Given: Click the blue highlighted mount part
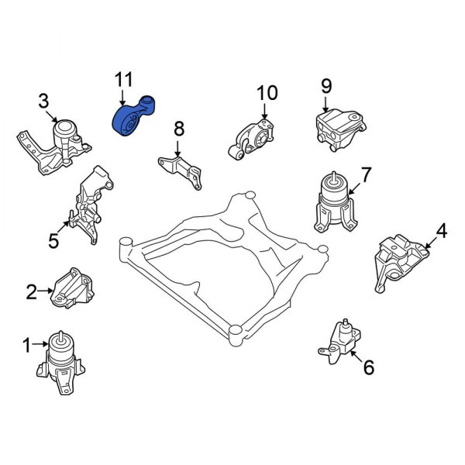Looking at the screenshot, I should [129, 121].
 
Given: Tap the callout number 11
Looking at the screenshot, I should [123, 80].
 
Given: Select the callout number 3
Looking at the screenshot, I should [44, 100].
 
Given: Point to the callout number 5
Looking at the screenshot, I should [53, 242].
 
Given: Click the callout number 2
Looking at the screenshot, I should [31, 292].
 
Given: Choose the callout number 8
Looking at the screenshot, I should [178, 128].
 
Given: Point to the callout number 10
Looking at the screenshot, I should [266, 94].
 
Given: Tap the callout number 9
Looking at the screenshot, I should [325, 86].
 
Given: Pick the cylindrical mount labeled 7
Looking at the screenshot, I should [333, 203].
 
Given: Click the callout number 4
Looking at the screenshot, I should [441, 230].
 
